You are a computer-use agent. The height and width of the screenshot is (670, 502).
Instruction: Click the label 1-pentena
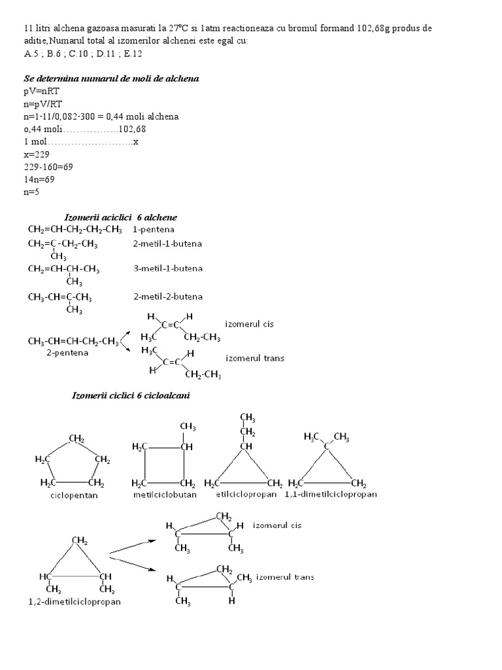pos(153,230)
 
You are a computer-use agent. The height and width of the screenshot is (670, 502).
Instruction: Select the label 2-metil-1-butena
pos(167,243)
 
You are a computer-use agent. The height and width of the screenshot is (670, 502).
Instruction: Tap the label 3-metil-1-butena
pos(167,268)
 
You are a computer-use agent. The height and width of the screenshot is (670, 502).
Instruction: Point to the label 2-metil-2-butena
pos(167,296)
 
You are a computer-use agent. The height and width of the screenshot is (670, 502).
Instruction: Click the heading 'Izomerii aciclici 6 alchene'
pos(120,217)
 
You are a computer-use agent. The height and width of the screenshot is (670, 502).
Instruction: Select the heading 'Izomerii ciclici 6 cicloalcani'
pos(131,397)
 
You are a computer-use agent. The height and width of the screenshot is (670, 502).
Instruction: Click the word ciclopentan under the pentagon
pos(75,495)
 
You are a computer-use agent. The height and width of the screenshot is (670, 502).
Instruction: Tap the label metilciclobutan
pos(160,495)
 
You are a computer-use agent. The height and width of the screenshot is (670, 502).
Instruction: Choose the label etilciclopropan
pos(245,495)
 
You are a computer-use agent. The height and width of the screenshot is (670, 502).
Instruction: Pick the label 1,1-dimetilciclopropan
pos(331,495)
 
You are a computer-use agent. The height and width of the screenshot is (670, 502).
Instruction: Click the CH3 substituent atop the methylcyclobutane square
pos(188,427)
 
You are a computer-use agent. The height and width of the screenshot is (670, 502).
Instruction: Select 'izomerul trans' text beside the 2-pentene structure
pos(255,359)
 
